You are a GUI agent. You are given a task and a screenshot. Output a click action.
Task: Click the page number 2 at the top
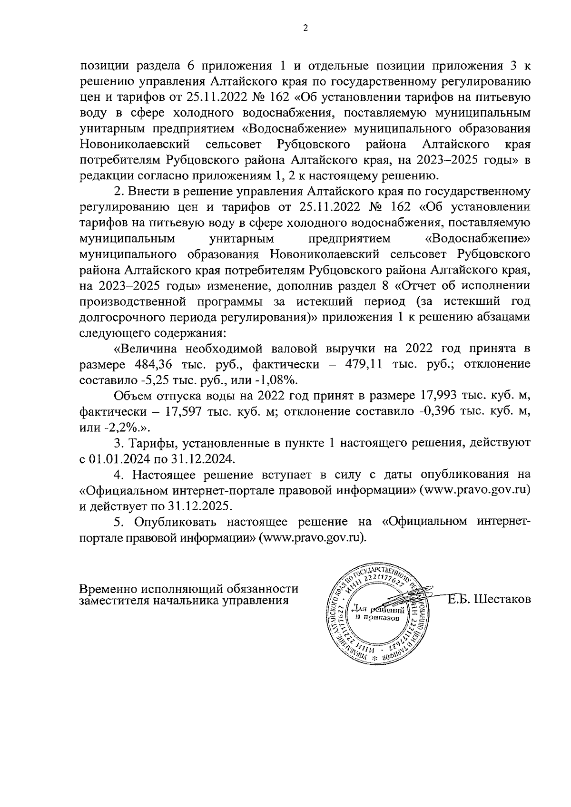click(x=305, y=28)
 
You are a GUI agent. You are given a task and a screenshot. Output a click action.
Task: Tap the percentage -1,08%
click(x=279, y=380)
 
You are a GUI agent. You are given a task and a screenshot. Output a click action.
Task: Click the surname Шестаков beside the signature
click(x=502, y=599)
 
